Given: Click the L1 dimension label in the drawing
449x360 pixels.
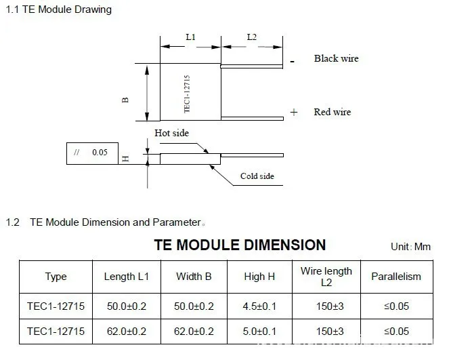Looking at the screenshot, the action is (191, 37).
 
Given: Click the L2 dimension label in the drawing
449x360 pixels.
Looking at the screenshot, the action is (252, 37).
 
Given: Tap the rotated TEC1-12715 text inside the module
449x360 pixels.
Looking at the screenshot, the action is (187, 94).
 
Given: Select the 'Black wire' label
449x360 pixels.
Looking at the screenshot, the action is (336, 58).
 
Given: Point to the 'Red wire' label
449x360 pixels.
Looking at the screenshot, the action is (332, 112).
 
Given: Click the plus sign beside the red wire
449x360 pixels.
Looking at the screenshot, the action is (294, 112).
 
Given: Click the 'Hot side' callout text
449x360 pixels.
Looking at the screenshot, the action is (171, 133).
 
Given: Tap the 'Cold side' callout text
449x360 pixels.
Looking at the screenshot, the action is (257, 176).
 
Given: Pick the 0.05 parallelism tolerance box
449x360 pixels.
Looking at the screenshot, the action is (92, 153).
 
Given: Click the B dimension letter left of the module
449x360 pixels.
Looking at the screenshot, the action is (125, 100).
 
